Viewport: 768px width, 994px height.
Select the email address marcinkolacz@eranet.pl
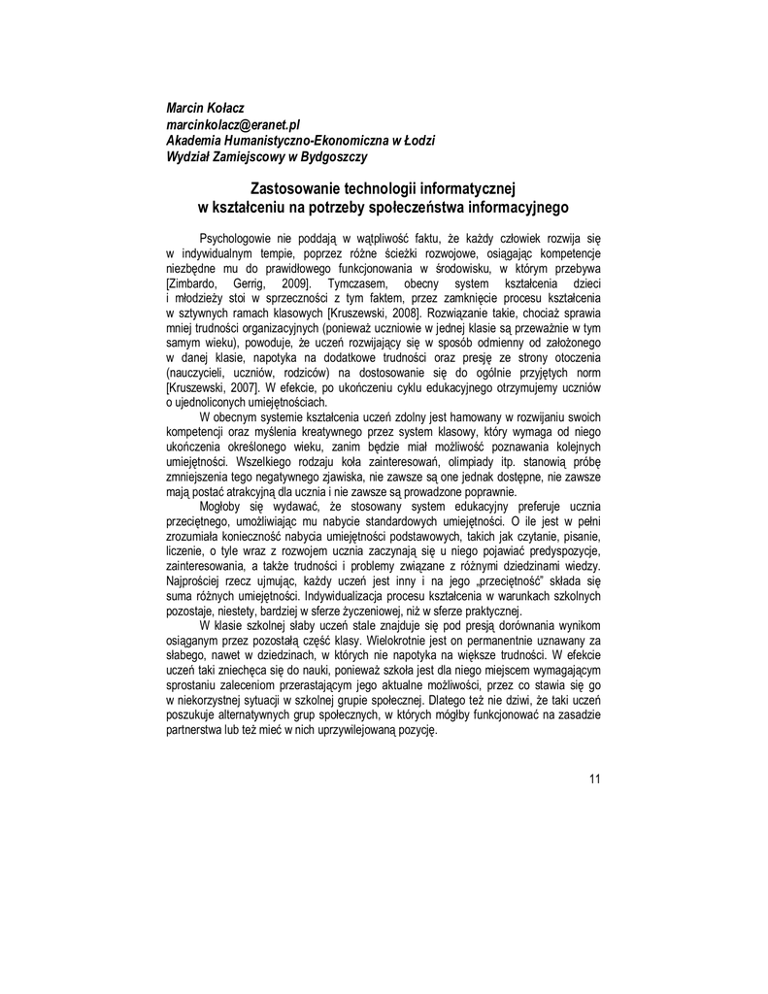pos(233,124)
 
